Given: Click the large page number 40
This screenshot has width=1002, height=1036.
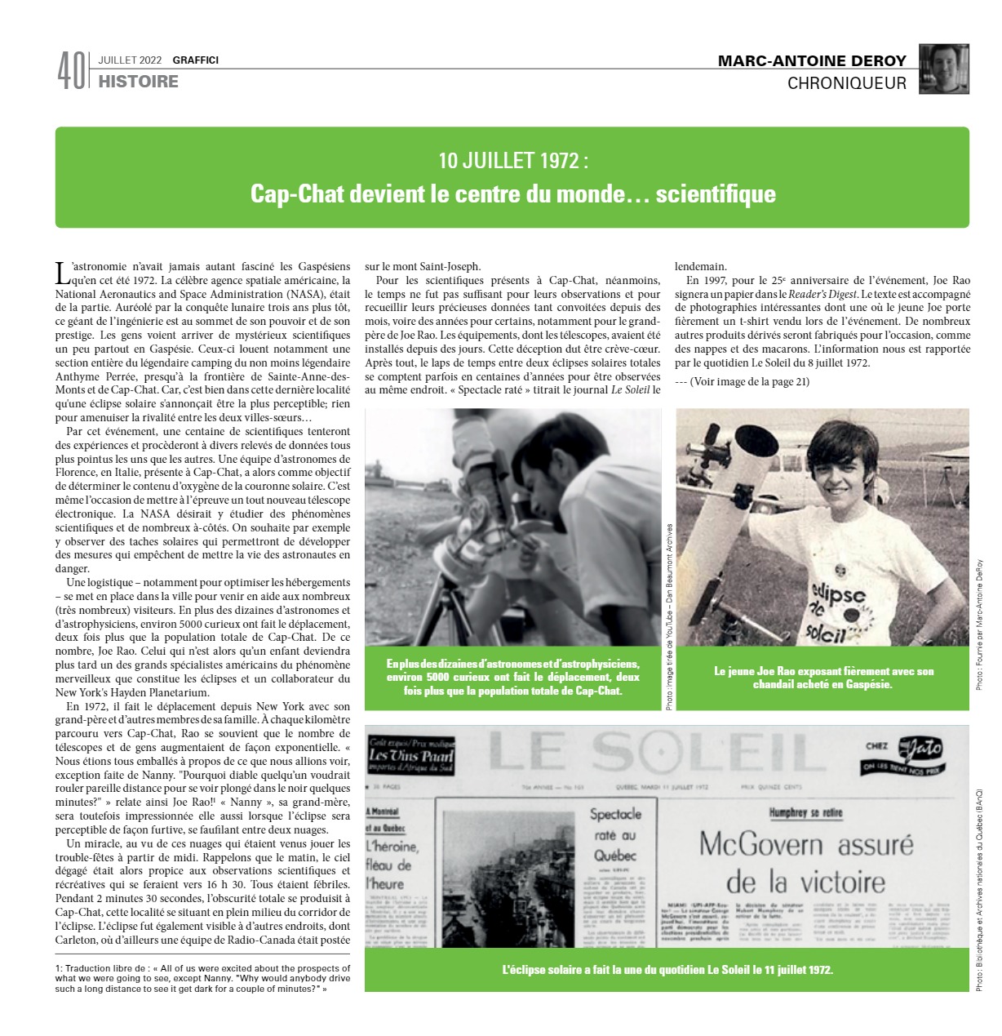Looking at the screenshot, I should pos(70,72).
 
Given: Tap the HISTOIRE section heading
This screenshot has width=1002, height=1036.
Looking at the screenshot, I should pos(138,82).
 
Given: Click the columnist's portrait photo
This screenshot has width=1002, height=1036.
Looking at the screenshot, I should pos(944,69).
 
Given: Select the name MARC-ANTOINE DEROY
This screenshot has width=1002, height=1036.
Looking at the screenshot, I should pos(812,61).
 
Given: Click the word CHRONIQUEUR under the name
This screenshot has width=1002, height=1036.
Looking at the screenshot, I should pos(846,83).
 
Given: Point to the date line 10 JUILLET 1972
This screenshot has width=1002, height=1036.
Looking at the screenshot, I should pos(512,161).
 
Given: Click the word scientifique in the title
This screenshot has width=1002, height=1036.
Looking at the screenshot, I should pos(715,194).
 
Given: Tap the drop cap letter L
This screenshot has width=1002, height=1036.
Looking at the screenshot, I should pos(62,271).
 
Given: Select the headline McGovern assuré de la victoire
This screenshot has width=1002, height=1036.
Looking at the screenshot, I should pos(805,862).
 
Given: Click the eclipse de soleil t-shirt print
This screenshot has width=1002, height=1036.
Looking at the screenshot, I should pos(834,611).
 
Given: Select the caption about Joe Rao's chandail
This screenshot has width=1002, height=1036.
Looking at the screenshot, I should pos(822,678).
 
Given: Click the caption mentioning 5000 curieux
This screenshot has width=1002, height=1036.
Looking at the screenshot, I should pos(513,677).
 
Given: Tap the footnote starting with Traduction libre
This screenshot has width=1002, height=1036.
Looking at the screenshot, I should pos(192,977).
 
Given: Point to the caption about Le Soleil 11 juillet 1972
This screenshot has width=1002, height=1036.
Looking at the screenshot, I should pos(667,970).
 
